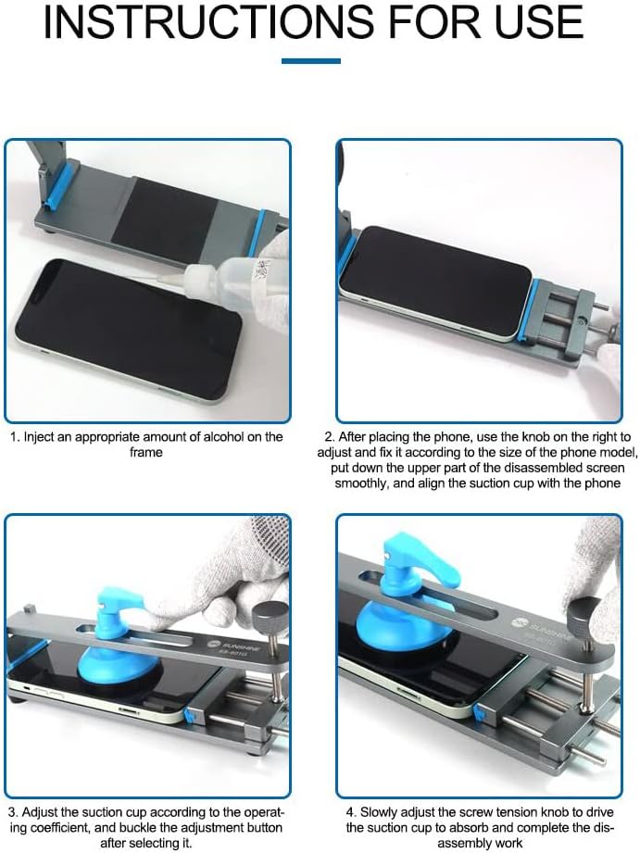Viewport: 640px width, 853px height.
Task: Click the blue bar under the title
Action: [310, 60]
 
